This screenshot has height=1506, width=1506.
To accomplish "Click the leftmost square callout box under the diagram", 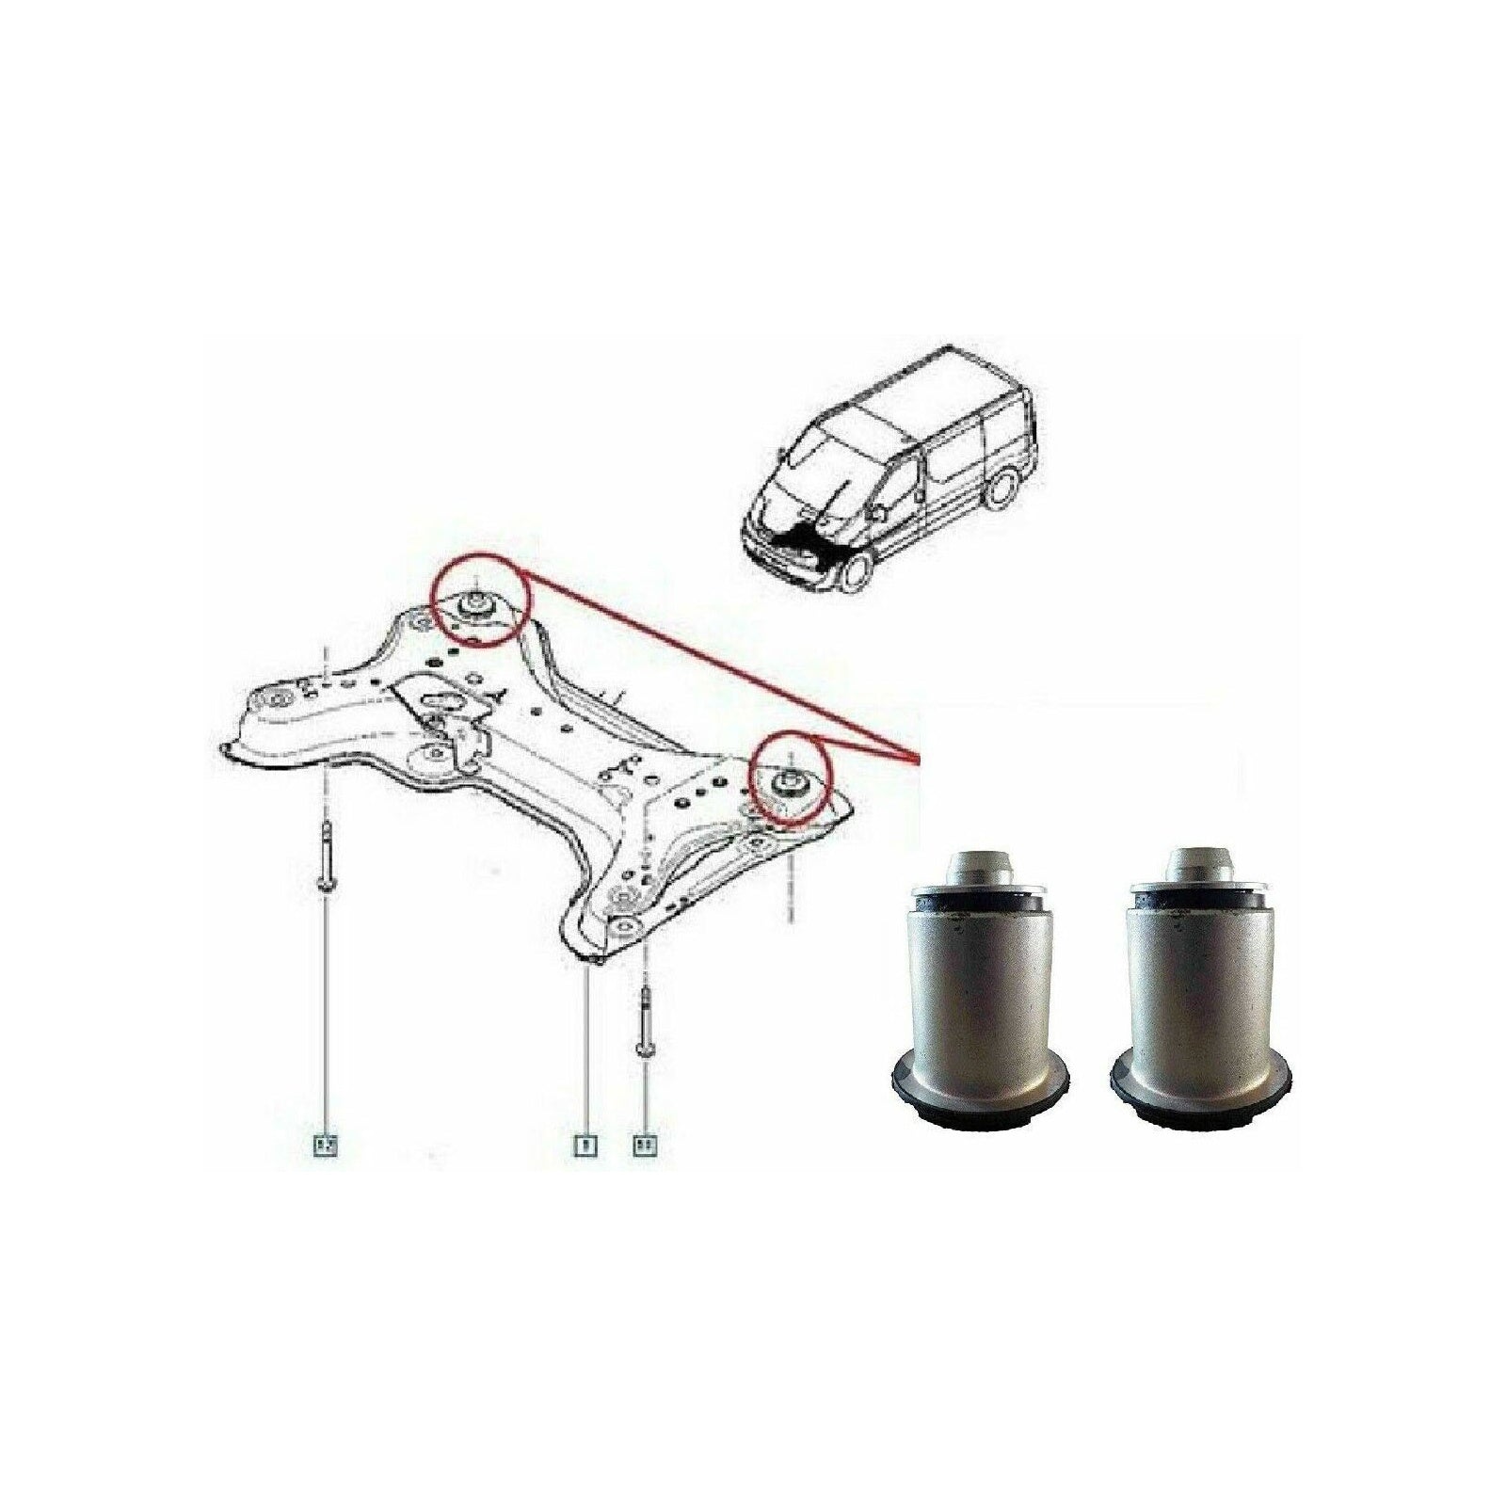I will pyautogui.click(x=326, y=1146).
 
